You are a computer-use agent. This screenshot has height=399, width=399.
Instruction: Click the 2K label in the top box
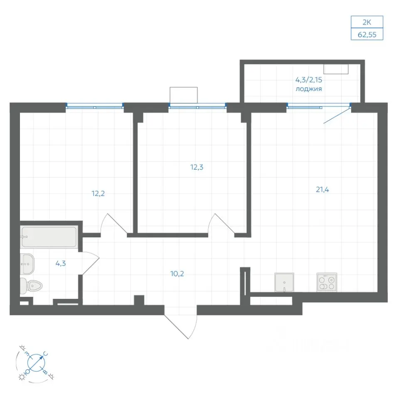point(367,22)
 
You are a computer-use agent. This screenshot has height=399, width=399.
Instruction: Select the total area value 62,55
point(367,34)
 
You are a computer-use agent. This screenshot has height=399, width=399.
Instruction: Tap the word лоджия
point(309,89)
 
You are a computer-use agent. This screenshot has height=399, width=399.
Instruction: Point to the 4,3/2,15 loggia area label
point(309,80)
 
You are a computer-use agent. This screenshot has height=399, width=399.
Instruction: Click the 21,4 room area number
point(323,190)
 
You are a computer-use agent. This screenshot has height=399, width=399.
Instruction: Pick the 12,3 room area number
point(197,167)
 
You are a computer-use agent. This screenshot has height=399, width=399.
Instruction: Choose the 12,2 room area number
point(98,194)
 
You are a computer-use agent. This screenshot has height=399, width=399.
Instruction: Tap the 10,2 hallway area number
point(177,274)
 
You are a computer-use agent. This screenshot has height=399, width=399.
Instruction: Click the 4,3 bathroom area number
point(61,264)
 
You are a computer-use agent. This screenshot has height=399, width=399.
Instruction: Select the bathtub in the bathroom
point(49,237)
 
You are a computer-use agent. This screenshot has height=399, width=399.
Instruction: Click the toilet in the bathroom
point(31,286)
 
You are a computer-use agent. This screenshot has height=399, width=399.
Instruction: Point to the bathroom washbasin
point(27,264)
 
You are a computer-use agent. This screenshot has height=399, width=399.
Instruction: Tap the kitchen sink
point(284,283)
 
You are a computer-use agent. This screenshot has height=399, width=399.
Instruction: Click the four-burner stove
point(327,283)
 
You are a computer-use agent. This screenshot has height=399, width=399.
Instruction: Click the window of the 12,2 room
point(95,106)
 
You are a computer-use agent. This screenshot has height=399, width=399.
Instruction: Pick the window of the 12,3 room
point(198,106)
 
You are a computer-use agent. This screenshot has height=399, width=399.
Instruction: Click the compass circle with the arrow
point(36,362)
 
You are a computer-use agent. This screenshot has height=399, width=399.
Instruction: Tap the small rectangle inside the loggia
point(336,69)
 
